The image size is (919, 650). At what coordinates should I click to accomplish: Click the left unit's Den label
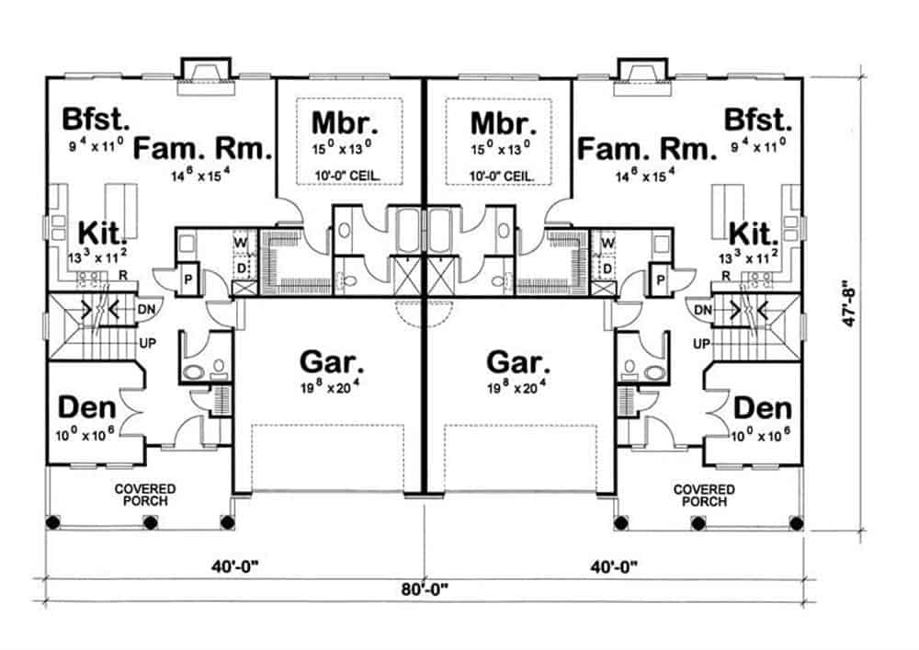pos(85,407)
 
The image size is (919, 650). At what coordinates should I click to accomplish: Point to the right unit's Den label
pos(763,407)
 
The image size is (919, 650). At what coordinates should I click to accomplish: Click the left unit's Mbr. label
pos(344,122)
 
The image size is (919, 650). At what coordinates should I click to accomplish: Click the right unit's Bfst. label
pos(757,120)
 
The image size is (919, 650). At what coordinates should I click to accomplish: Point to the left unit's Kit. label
pos(106,230)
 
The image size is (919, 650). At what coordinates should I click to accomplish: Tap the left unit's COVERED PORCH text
pos(144,496)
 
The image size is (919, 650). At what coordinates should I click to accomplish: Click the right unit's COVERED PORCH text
pos(704,496)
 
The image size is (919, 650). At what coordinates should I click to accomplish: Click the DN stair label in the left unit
pos(145,311)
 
